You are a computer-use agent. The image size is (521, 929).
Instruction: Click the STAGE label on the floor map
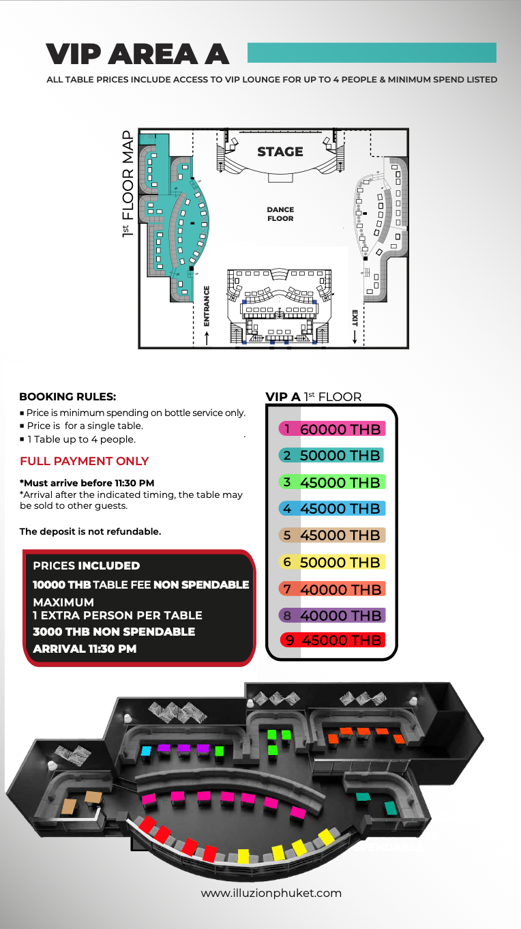point(280,151)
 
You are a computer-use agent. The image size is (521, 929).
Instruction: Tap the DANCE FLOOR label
point(280,214)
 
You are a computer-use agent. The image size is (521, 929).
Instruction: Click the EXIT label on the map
point(355,317)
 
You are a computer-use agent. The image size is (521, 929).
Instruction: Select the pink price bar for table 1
point(332,429)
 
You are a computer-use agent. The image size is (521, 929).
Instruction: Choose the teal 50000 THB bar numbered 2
point(331,456)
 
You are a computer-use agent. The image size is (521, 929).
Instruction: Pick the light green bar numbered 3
point(332,482)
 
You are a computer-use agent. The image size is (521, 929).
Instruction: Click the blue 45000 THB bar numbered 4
point(332,508)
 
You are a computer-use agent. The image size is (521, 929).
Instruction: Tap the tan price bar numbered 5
point(332,535)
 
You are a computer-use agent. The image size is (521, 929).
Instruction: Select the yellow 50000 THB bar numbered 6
point(332,562)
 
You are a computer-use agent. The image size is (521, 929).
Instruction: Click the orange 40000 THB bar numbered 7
point(332,589)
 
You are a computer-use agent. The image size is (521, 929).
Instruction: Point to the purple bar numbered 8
point(332,615)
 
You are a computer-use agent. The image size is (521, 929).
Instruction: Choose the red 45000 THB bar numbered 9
point(332,640)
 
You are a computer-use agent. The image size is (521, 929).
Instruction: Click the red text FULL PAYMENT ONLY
point(85,461)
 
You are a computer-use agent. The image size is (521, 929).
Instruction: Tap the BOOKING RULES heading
point(68,396)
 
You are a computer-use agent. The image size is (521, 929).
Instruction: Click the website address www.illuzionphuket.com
point(271,893)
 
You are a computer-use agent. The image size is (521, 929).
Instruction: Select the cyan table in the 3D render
point(145,751)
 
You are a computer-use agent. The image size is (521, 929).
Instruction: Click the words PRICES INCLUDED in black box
point(87,565)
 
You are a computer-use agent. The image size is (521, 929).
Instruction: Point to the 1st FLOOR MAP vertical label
point(128,184)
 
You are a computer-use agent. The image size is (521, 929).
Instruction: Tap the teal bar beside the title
point(372,53)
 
